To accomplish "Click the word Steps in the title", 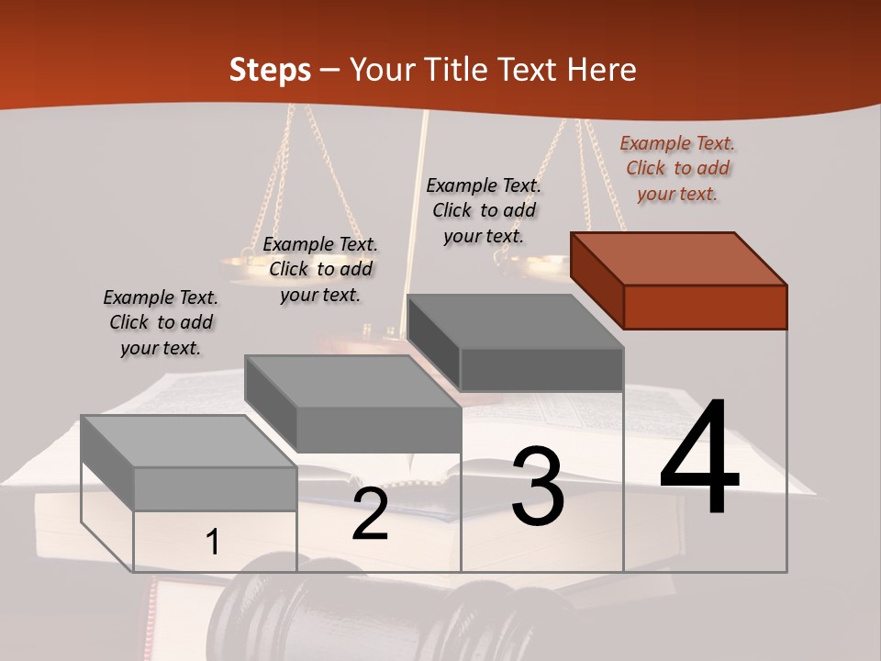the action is pos(270,70).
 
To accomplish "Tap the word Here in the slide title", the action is pos(602,70).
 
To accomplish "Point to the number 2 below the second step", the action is pos(370,513).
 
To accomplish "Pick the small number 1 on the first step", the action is pos(212,543).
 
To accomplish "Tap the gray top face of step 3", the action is pos(514,320).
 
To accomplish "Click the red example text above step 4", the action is pos(677,169).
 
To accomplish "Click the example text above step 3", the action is pos(484,210).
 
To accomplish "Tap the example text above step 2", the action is pos(320,269).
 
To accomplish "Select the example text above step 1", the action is pos(161,322).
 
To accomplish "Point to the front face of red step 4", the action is pos(705,307).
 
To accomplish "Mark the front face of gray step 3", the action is pos(541,369).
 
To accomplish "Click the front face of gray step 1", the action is pos(215,488).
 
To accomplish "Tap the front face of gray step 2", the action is pos(378,430).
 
